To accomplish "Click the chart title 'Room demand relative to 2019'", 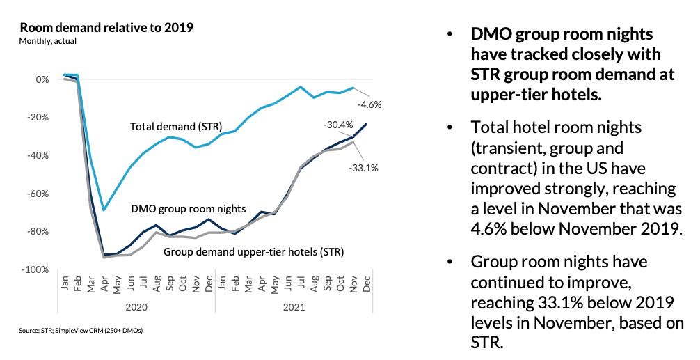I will tap(106, 28).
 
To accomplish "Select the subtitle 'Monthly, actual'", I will tap(48, 41).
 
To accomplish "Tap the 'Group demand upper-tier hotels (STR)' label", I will tap(253, 251).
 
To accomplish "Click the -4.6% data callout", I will tap(369, 104).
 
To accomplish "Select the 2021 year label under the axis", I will tap(294, 306).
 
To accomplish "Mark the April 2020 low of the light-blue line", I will tap(104, 210).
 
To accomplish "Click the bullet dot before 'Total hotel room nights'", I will tap(450, 127).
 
